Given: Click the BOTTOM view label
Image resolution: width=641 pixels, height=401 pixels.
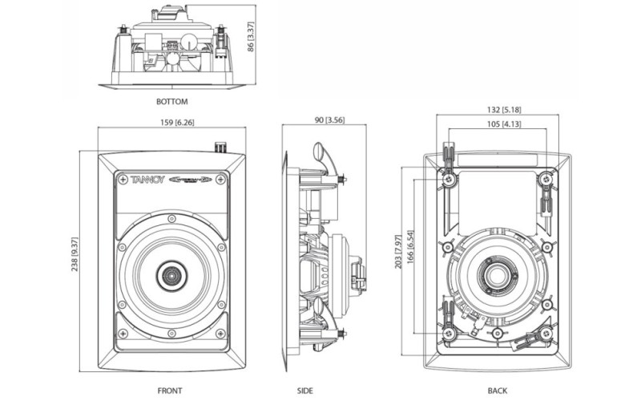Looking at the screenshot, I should (171, 102).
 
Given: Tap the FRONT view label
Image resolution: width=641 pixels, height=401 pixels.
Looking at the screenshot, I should (170, 391).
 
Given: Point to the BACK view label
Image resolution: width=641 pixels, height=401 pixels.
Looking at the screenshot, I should (498, 391).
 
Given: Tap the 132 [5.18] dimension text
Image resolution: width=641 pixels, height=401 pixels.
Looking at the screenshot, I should (505, 109).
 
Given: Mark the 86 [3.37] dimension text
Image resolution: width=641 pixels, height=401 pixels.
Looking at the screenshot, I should (252, 36).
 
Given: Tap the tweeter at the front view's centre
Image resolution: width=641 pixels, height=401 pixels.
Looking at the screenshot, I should (171, 275).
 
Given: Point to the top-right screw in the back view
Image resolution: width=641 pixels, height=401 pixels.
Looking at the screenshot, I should (546, 178).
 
